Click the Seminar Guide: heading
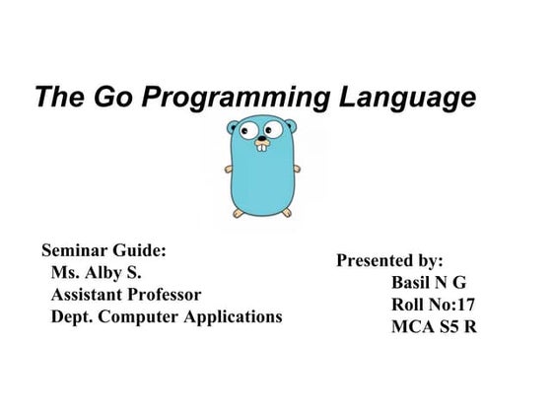point(103,250)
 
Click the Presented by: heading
point(389,261)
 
